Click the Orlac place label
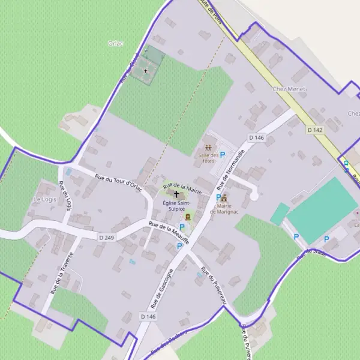point(115,43)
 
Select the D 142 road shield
point(314,130)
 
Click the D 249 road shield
point(106,238)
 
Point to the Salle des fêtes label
point(207,157)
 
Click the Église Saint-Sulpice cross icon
point(176,194)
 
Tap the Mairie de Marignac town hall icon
point(224,198)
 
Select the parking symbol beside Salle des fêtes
point(223,154)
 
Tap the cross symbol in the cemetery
point(145,71)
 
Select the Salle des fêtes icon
point(208,147)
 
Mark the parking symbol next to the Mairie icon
point(218,197)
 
